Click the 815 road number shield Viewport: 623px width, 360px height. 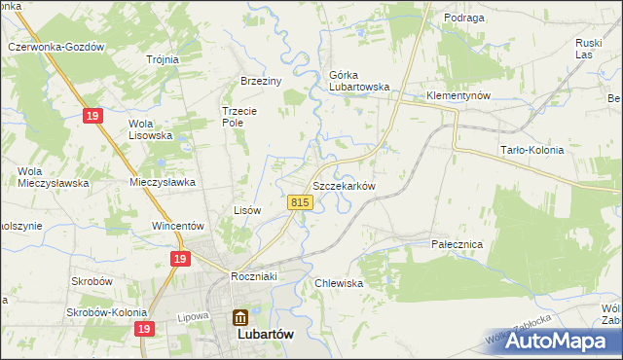[x=300, y=201]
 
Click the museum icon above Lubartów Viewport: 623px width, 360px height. [x=239, y=316]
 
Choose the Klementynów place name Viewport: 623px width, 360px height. [x=458, y=96]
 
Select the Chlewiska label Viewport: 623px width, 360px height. [x=339, y=283]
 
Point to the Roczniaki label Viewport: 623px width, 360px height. [x=255, y=276]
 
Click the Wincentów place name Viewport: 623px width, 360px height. [x=176, y=226]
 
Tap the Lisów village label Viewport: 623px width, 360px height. [x=247, y=210]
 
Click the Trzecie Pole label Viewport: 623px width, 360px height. [x=238, y=117]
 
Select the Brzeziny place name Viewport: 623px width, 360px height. [x=261, y=82]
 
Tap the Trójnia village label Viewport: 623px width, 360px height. [x=162, y=59]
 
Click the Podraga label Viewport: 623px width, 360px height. [x=437, y=18]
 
